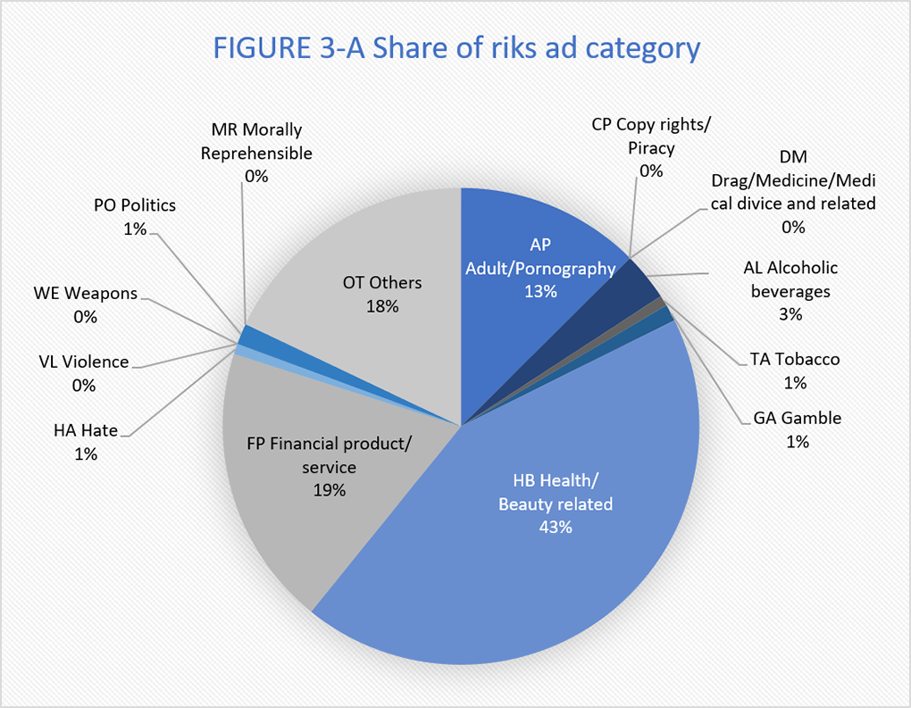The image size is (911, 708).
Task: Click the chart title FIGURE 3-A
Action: [455, 47]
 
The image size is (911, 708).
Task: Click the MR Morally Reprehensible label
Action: [256, 141]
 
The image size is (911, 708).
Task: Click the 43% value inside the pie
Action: [555, 527]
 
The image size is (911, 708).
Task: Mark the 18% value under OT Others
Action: [382, 305]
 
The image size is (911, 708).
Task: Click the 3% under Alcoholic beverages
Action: [790, 314]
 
